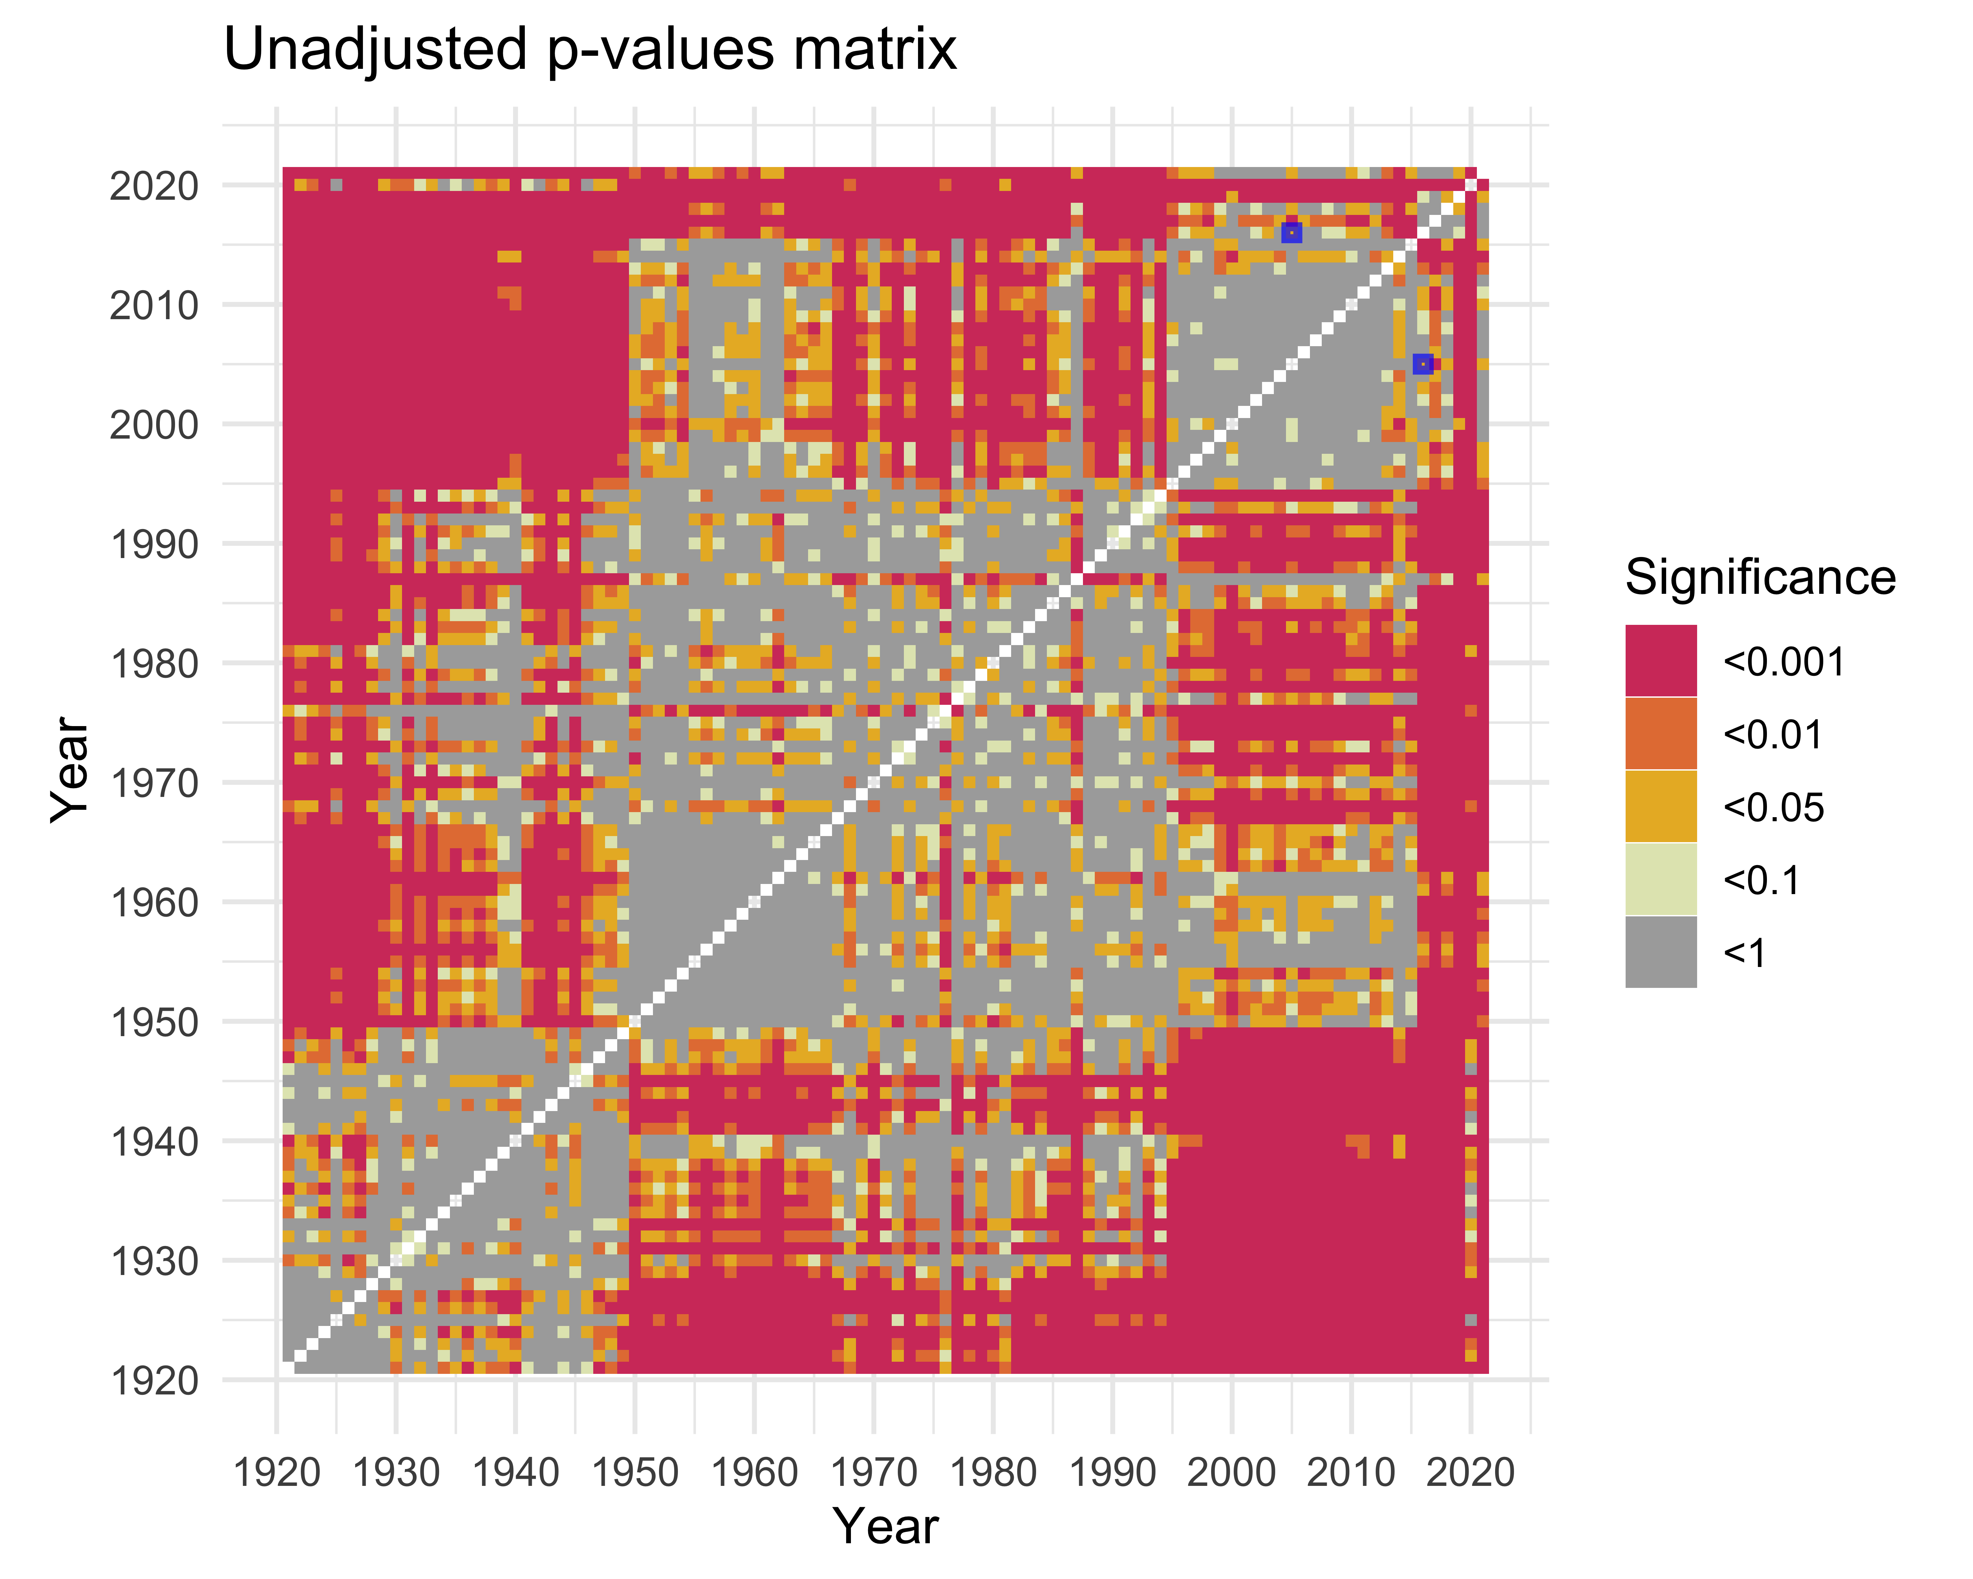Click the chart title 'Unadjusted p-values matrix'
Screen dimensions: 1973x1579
click(590, 50)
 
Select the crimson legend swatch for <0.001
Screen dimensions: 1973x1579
click(1661, 661)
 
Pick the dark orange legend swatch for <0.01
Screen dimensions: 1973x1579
click(1661, 733)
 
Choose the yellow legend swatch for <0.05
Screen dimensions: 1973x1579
click(1661, 805)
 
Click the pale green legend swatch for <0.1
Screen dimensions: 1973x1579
click(1661, 879)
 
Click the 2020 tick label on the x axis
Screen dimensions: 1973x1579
click(1470, 1473)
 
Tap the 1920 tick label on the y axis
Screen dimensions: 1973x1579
click(154, 1380)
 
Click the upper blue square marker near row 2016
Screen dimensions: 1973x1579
click(1291, 232)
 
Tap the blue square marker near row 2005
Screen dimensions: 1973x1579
click(1422, 364)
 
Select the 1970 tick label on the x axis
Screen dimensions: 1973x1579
click(874, 1473)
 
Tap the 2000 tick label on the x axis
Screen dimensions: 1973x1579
click(1232, 1473)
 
